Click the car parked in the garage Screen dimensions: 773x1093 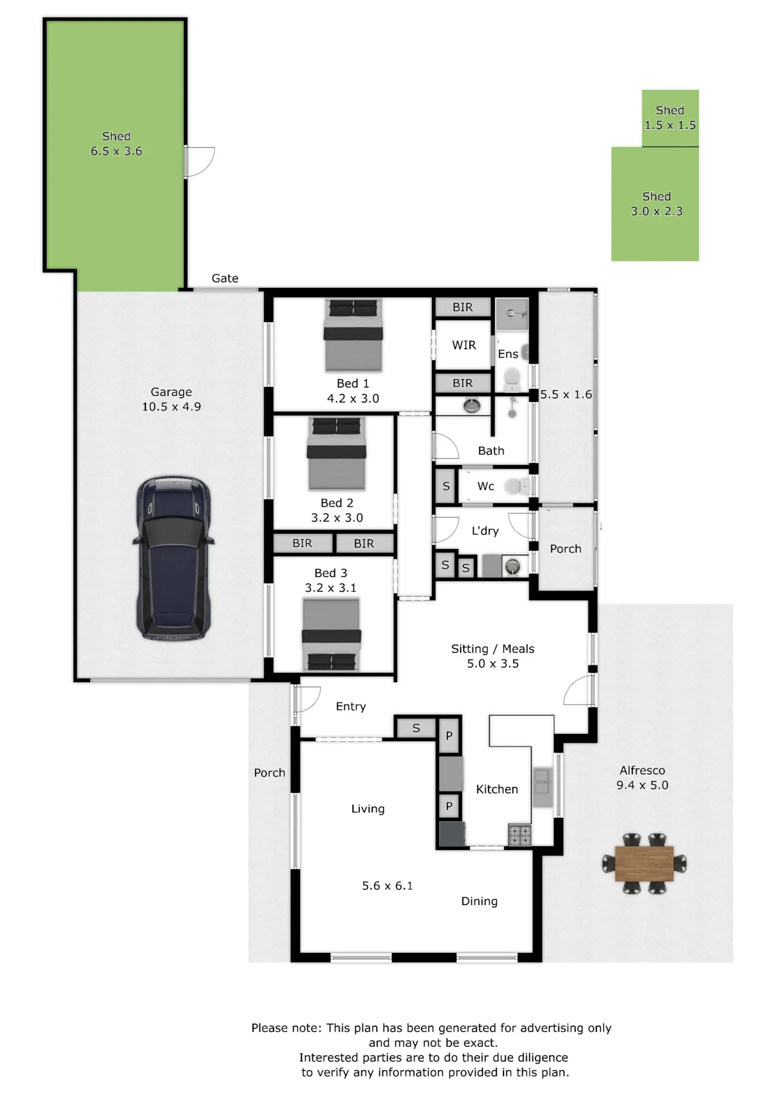(x=173, y=558)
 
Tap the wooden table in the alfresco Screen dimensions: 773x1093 (x=644, y=863)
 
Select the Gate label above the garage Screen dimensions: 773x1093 (x=225, y=278)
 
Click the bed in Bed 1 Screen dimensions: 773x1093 (x=354, y=335)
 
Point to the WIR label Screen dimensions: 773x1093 (x=464, y=345)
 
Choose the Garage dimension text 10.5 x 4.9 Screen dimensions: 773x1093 (x=172, y=406)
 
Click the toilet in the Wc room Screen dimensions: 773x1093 (x=516, y=486)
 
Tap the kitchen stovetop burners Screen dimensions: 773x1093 (x=519, y=835)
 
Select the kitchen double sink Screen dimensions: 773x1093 (x=542, y=788)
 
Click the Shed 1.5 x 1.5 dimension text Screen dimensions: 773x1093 (x=670, y=125)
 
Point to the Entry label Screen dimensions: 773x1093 (x=351, y=706)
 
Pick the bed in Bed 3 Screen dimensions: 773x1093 (x=331, y=635)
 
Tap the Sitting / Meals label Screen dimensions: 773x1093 (x=493, y=648)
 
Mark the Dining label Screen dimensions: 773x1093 (x=479, y=901)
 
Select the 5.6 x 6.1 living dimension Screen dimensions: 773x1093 (x=388, y=885)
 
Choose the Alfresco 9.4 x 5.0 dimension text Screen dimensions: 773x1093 (x=643, y=785)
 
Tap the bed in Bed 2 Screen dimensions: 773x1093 (x=337, y=453)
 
